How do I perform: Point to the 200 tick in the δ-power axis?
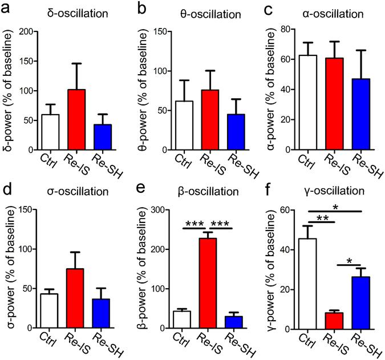(x=25, y=31)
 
